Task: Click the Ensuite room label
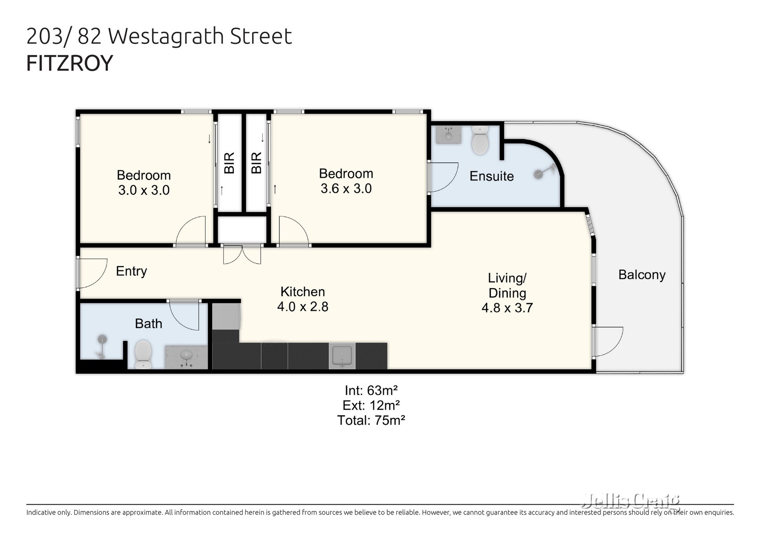coord(491,176)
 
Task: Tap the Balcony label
coord(641,275)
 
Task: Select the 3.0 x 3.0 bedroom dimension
coord(144,190)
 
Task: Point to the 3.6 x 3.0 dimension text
coord(346,188)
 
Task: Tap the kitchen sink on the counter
coord(342,356)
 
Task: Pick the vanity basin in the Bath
coord(186,356)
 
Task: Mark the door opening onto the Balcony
coord(607,341)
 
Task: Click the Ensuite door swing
coord(443,177)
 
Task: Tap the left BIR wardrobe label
coord(229,163)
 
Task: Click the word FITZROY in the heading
coord(70,63)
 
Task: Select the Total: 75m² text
coord(371,420)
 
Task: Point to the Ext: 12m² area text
coord(371,405)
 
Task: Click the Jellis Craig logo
coord(630,502)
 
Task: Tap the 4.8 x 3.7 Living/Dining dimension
coord(507,308)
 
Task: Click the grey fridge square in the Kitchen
coord(226,316)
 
